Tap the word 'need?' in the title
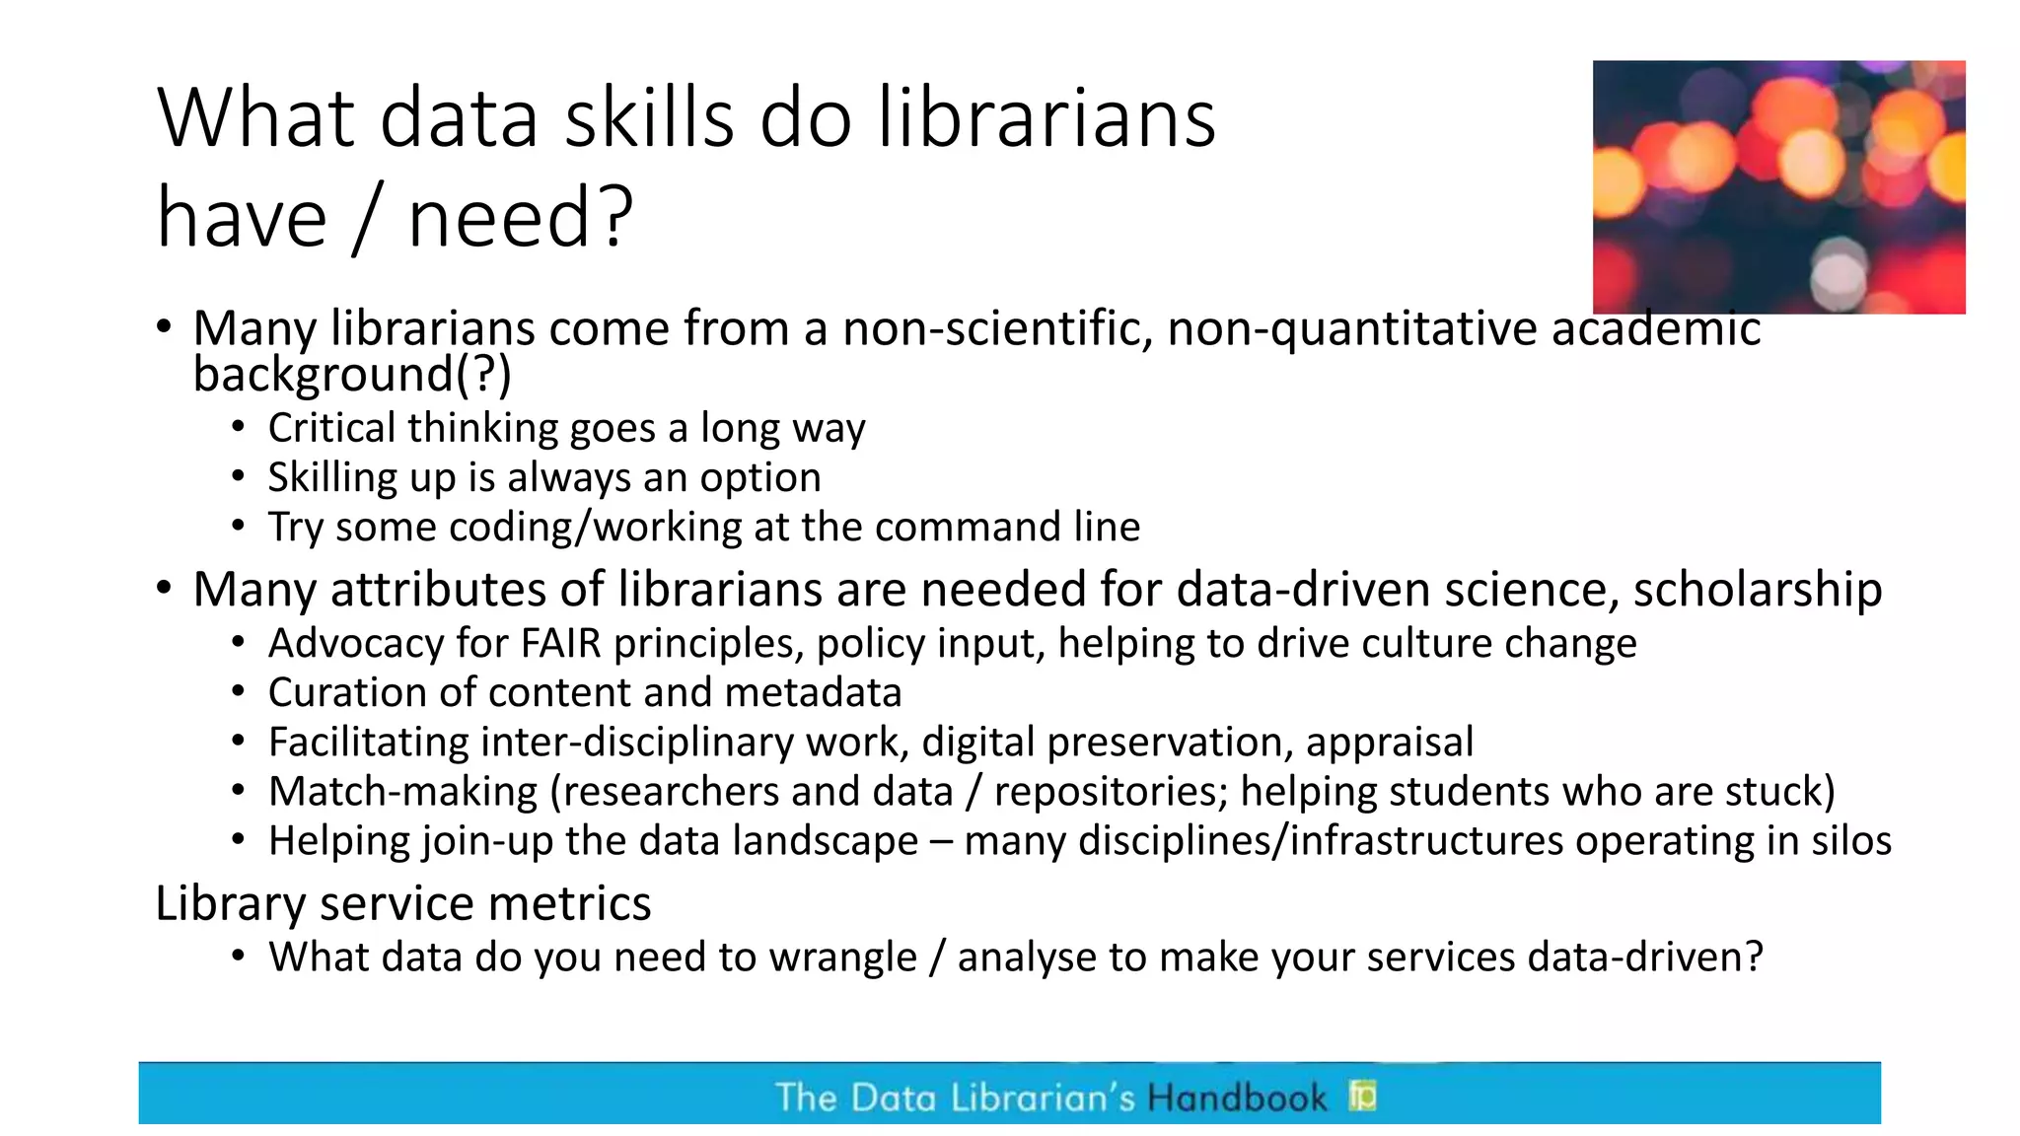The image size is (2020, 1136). (x=520, y=219)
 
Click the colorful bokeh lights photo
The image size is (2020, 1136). (x=1778, y=187)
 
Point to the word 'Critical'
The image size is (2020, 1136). (x=331, y=428)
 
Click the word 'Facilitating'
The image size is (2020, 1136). (x=368, y=743)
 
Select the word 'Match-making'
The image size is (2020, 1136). (x=403, y=792)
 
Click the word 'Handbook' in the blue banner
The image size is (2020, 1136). (x=1237, y=1098)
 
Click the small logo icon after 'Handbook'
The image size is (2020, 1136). (x=1362, y=1095)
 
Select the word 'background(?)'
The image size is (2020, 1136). (x=352, y=375)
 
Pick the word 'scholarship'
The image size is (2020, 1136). (x=1758, y=590)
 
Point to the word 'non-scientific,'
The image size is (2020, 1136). (x=997, y=328)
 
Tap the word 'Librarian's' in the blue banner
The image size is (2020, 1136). (x=1043, y=1098)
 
